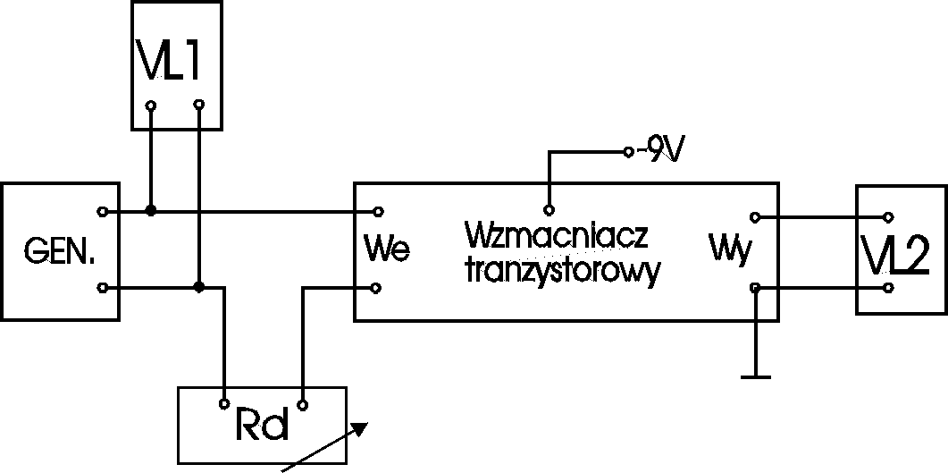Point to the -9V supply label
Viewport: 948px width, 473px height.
[659, 151]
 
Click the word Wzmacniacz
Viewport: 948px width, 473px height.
[556, 240]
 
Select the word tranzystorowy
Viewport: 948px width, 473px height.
[562, 272]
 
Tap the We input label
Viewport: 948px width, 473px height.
[388, 249]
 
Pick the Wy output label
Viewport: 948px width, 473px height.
[728, 248]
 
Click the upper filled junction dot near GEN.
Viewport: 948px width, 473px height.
[151, 211]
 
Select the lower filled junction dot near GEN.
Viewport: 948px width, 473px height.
[199, 287]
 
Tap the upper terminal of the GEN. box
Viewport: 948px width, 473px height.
[103, 212]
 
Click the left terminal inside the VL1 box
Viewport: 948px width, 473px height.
[151, 106]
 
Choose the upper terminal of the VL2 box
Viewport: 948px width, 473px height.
[887, 216]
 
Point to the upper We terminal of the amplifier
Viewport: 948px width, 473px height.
[379, 212]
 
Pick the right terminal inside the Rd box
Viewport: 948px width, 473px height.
[304, 405]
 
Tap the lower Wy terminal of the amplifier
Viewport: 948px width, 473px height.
[755, 287]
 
